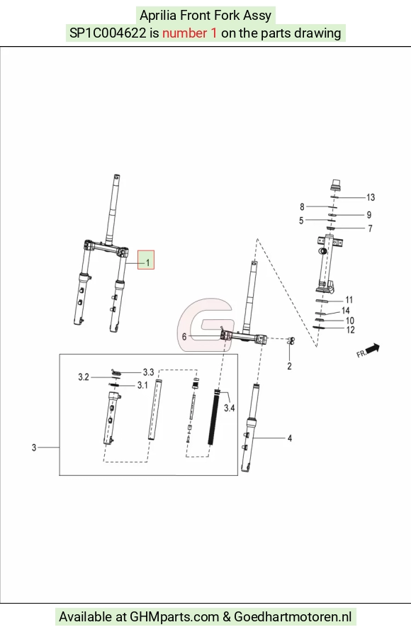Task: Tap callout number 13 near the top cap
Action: [371, 197]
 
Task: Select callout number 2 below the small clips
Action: [289, 367]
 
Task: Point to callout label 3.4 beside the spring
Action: [229, 408]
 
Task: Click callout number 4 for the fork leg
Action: [289, 438]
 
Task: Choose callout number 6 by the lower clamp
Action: [184, 336]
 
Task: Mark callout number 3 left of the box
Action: [34, 448]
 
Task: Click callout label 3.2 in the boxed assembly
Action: [84, 377]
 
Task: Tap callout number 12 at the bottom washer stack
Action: [351, 330]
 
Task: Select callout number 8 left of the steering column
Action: [302, 207]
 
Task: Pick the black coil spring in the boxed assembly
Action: [214, 418]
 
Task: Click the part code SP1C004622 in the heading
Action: [108, 33]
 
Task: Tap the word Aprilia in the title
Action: [158, 16]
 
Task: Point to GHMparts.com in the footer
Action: [174, 616]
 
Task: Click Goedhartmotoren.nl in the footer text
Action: [293, 616]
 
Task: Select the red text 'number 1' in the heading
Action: [189, 33]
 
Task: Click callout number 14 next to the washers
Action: [345, 311]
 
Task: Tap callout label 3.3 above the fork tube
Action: [149, 372]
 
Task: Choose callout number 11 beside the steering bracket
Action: [349, 300]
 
